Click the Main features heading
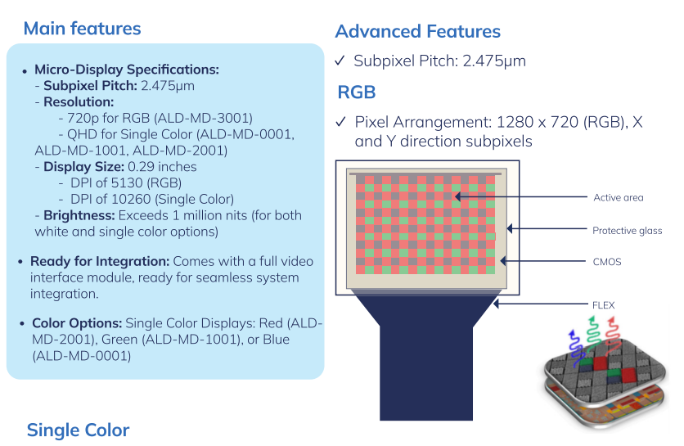click(x=82, y=29)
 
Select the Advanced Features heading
click(x=417, y=32)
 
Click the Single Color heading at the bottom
click(x=78, y=430)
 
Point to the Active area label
click(x=618, y=197)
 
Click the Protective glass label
click(x=627, y=231)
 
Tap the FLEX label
click(x=603, y=305)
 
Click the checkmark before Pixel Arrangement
click(x=341, y=123)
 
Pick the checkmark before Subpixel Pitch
click(x=341, y=61)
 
